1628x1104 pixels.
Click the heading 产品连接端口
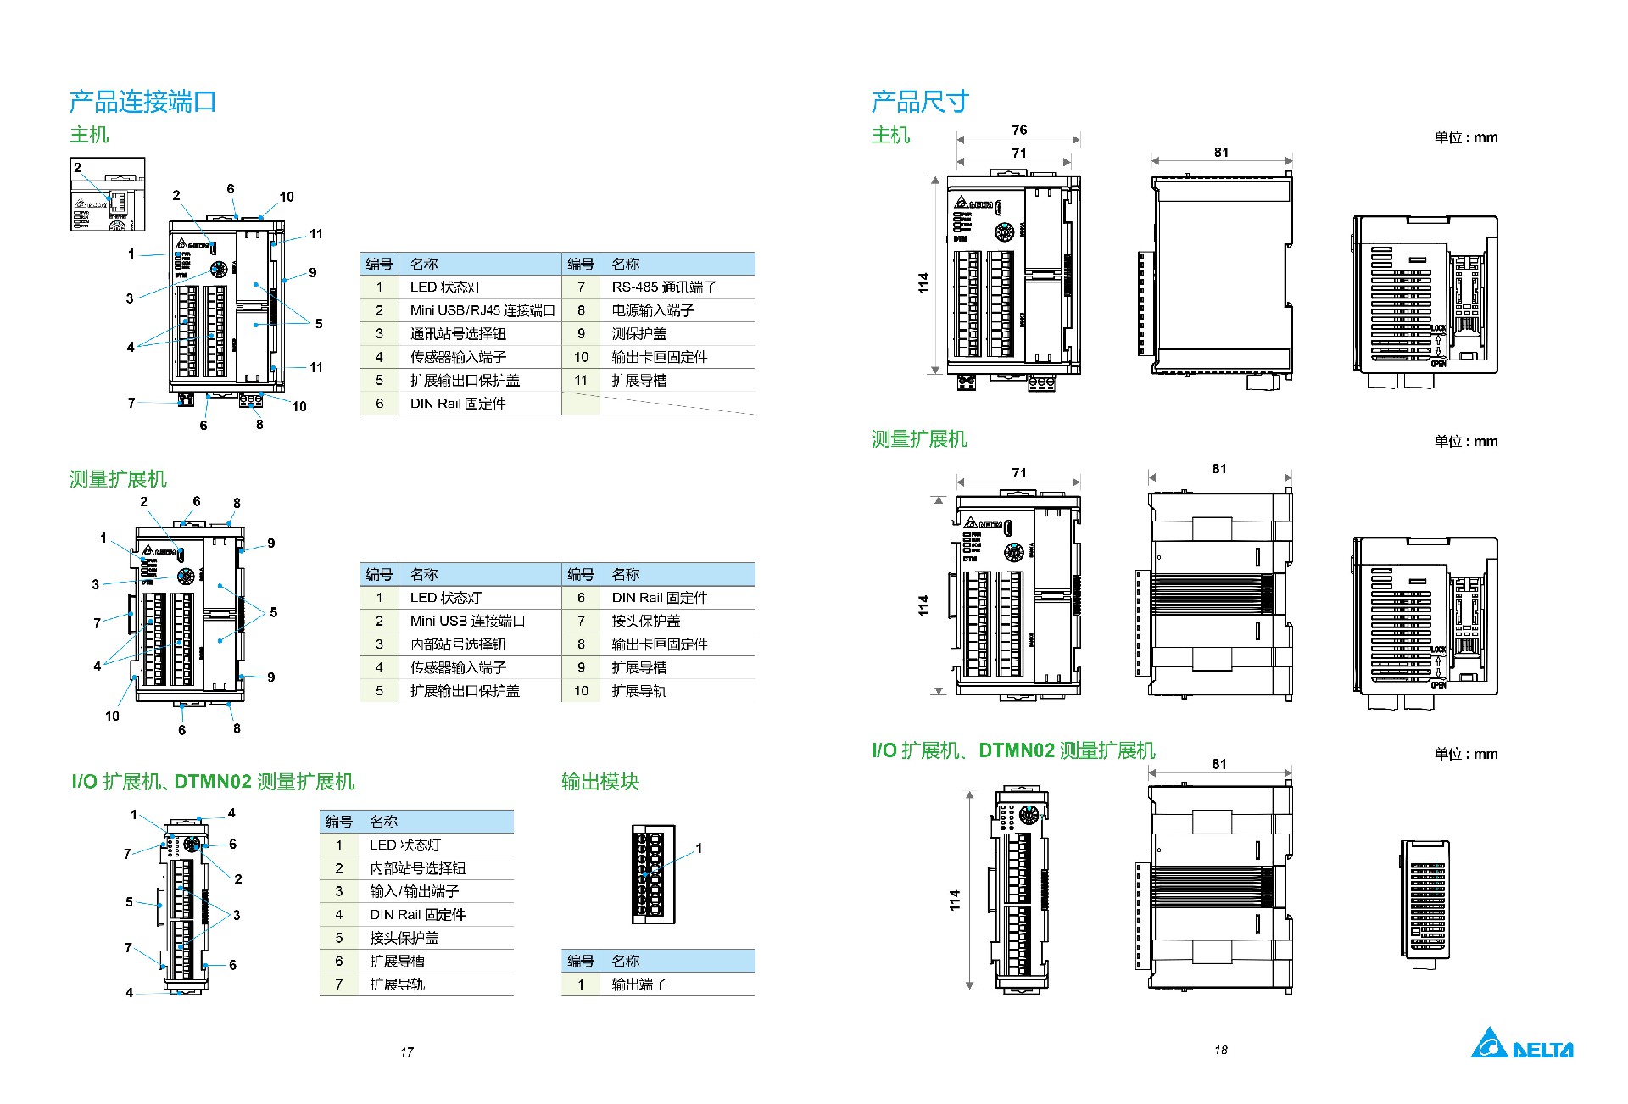pyautogui.click(x=142, y=102)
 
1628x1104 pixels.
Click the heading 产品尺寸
pyautogui.click(x=919, y=102)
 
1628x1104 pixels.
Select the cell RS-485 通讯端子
pyautogui.click(x=663, y=287)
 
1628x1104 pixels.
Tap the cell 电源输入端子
pyautogui.click(x=652, y=310)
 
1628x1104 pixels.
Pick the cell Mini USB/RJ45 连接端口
pyautogui.click(x=482, y=310)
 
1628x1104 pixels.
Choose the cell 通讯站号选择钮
pyautogui.click(x=458, y=334)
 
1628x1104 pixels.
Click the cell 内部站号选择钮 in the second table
pyautogui.click(x=458, y=644)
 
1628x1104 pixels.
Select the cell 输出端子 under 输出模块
pyautogui.click(x=638, y=984)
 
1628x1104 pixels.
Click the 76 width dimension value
pyautogui.click(x=1019, y=130)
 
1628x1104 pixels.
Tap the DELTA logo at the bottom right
pyautogui.click(x=1521, y=1044)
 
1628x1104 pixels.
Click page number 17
pyautogui.click(x=407, y=1051)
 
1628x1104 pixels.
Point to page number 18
pyautogui.click(x=1220, y=1050)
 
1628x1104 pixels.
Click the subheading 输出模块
pyautogui.click(x=599, y=782)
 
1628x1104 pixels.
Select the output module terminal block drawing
pyautogui.click(x=653, y=873)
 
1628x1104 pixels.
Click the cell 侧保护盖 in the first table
pyautogui.click(x=638, y=334)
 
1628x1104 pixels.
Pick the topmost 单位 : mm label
pyautogui.click(x=1465, y=137)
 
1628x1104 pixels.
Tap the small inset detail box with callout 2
pyautogui.click(x=107, y=194)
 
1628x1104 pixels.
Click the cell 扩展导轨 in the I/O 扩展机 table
pyautogui.click(x=397, y=984)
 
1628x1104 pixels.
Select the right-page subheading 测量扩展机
pyautogui.click(x=919, y=439)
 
